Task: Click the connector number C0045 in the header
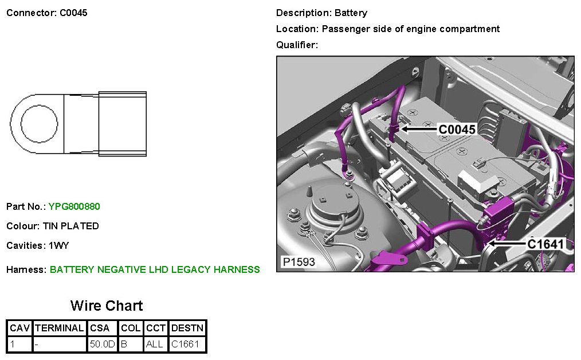(73, 13)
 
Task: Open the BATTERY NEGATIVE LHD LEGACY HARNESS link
(155, 269)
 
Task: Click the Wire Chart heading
(107, 306)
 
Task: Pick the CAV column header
(20, 328)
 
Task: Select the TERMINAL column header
(59, 328)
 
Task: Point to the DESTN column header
(187, 328)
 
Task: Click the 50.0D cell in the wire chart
(102, 345)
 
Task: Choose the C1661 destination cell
(185, 345)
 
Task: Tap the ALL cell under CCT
(155, 345)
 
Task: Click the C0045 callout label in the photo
(457, 130)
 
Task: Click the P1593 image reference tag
(298, 262)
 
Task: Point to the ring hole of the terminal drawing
(39, 124)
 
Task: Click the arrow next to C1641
(505, 244)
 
